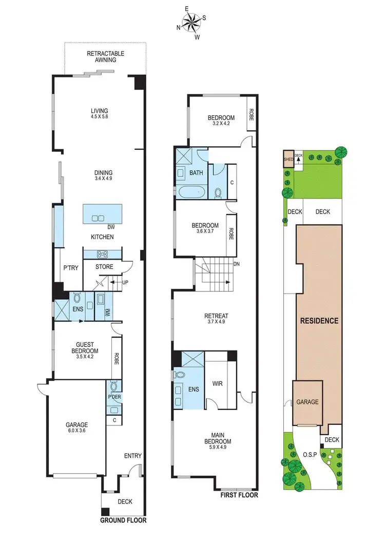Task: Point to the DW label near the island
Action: (110, 227)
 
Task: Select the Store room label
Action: (104, 266)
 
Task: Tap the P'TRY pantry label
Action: (70, 267)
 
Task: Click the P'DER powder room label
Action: (113, 397)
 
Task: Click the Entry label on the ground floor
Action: (132, 456)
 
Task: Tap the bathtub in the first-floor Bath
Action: (191, 193)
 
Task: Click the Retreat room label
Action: (216, 316)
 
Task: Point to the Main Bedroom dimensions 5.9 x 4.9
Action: (217, 447)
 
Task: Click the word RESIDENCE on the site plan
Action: (319, 321)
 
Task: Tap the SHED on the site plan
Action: (288, 159)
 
